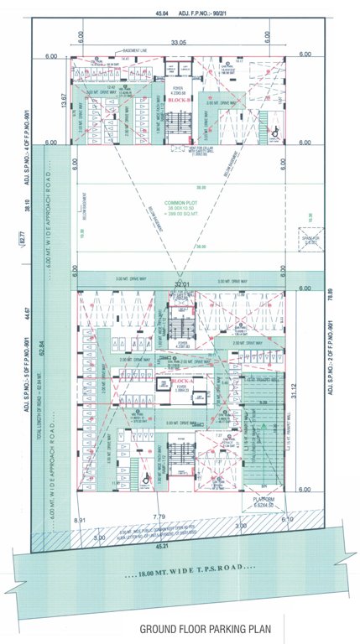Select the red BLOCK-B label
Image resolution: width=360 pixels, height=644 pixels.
[176, 100]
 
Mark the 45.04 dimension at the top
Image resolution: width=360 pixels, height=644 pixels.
[163, 13]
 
